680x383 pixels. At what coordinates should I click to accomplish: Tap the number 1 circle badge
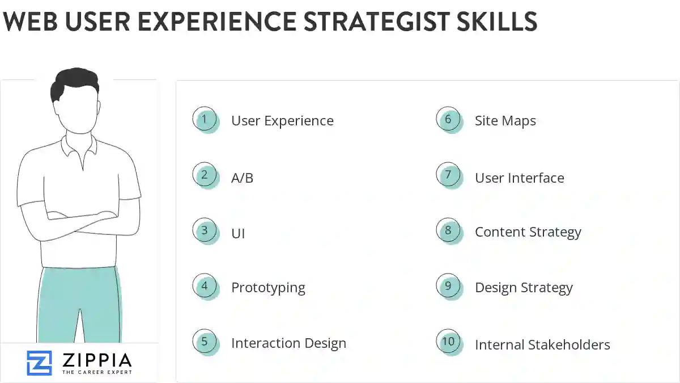coord(205,120)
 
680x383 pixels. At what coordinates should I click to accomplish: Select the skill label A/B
coord(242,178)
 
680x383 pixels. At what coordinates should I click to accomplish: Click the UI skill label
coord(238,233)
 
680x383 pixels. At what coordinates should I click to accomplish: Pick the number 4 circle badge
coord(205,287)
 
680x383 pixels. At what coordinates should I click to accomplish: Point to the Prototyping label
coord(268,288)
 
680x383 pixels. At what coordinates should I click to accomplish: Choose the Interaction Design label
coord(288,343)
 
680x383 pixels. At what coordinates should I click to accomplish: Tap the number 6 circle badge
coord(448,120)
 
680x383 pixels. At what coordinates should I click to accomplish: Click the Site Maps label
coord(505,121)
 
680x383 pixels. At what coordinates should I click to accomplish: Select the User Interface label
coord(519,178)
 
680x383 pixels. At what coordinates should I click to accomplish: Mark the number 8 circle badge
coord(448,231)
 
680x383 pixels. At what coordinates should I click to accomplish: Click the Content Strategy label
coord(528,232)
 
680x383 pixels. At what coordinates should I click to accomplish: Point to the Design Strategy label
coord(524,288)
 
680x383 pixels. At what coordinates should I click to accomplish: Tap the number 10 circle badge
coord(448,342)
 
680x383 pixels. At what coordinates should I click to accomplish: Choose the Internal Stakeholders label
coord(542,344)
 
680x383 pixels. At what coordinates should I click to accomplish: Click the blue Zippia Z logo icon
coord(39,363)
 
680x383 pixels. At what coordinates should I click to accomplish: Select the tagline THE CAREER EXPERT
coord(97,372)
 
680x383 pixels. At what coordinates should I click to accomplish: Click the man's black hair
coord(74,82)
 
